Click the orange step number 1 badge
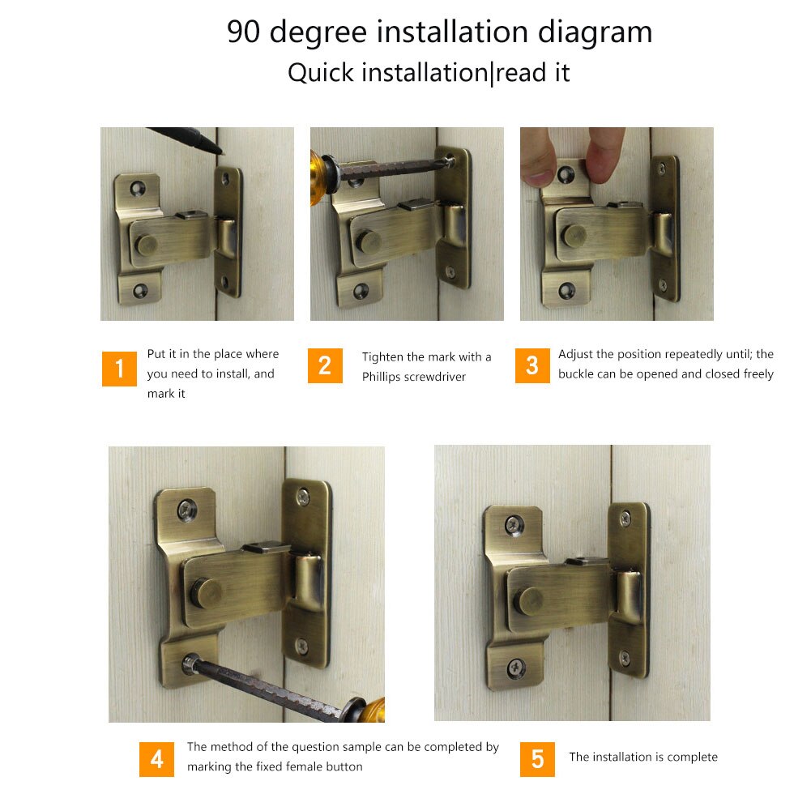(x=119, y=369)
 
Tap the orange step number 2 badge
(x=325, y=365)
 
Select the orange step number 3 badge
(x=532, y=365)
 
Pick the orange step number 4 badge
(x=156, y=759)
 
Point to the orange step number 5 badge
(x=537, y=759)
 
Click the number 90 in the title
(x=245, y=32)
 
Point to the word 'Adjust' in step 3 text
(x=576, y=354)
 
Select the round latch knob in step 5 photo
(x=531, y=600)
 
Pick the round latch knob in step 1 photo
(x=147, y=243)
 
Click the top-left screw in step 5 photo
(x=514, y=525)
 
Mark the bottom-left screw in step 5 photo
(x=514, y=668)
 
